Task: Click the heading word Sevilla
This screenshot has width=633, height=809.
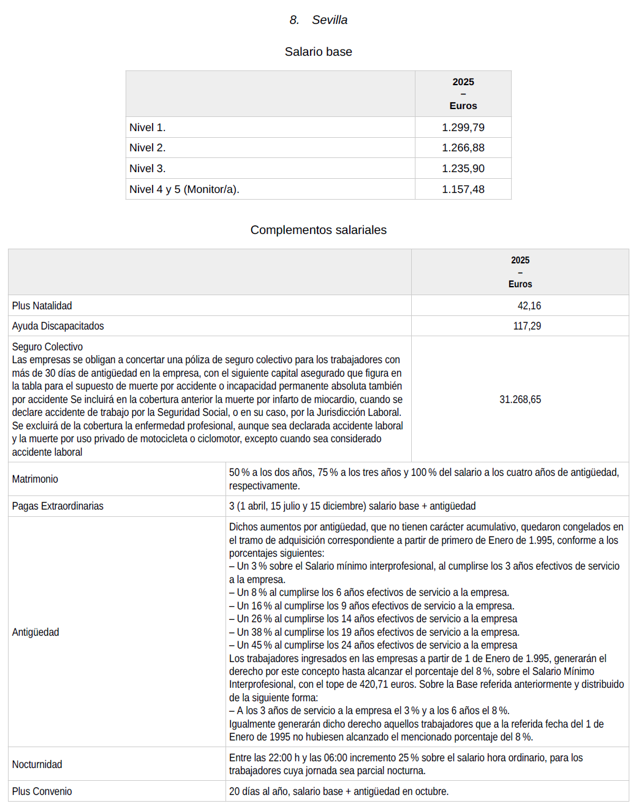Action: pos(329,20)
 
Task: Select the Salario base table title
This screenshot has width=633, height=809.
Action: pos(318,52)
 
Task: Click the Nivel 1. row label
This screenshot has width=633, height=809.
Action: pos(148,127)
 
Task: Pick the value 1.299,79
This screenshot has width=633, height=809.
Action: pos(463,127)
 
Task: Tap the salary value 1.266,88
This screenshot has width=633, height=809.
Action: pos(463,148)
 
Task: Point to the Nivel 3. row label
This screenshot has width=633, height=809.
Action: pos(148,168)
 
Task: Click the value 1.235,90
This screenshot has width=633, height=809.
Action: pos(463,168)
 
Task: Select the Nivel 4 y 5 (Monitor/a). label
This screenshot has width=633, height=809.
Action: pos(184,189)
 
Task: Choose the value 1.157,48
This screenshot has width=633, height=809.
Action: pos(463,189)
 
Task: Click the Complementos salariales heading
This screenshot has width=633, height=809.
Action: pos(318,230)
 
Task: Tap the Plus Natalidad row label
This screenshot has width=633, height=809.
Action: pos(42,306)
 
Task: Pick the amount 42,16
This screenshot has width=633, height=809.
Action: pos(529,306)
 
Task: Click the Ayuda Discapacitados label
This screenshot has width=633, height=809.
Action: pos(58,326)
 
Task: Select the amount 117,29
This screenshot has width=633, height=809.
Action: pos(527,326)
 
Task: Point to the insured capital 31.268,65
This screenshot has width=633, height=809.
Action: pos(520,399)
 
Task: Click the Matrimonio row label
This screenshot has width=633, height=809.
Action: pos(35,479)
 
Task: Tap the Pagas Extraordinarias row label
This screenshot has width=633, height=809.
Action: pos(58,506)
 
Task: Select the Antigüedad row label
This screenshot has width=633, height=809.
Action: pos(36,632)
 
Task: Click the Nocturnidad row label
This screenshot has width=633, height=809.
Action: pos(37,764)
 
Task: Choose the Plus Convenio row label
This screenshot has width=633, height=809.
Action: pos(42,791)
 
